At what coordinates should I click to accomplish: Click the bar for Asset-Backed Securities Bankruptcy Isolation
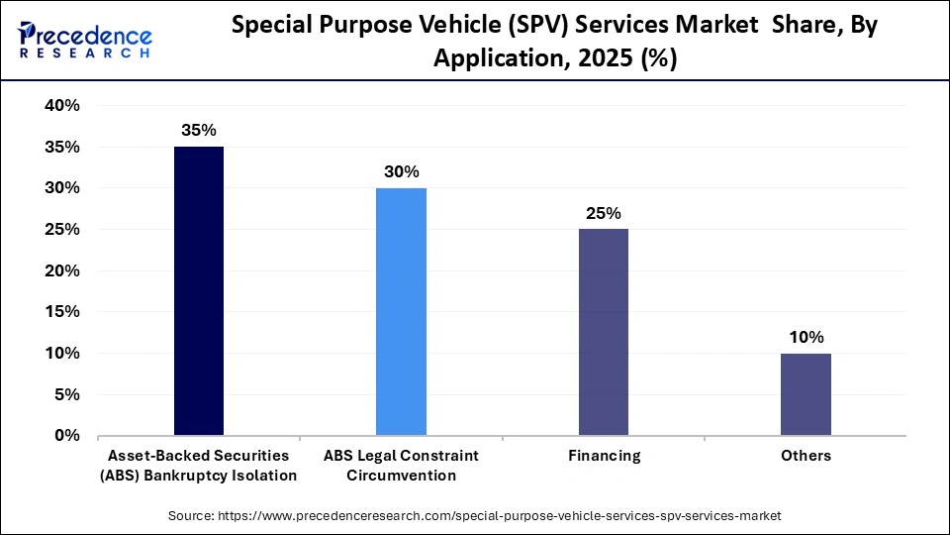tap(198, 291)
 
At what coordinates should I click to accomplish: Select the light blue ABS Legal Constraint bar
tap(401, 311)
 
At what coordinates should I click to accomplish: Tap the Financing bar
tap(603, 332)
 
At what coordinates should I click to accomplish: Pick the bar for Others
tap(806, 393)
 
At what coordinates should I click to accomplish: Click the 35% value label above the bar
tap(198, 130)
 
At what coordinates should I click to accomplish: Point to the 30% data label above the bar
tap(401, 171)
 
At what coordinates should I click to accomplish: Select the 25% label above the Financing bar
tap(603, 213)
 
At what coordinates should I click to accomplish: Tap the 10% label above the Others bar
tap(806, 337)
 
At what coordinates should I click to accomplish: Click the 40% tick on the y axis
tap(61, 106)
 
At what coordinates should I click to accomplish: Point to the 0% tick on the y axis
tap(66, 435)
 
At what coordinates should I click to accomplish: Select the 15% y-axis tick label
tap(61, 312)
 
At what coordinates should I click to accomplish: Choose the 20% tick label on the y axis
tap(61, 270)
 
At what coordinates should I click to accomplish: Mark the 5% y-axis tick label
tap(66, 394)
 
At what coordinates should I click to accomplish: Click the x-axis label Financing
tap(604, 456)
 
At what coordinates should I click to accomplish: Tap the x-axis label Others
tap(806, 456)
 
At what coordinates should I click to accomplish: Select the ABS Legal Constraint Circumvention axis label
tap(401, 465)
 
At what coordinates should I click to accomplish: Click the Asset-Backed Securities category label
tap(199, 465)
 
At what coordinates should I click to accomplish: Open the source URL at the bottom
tap(475, 515)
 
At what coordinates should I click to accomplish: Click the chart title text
tap(554, 43)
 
